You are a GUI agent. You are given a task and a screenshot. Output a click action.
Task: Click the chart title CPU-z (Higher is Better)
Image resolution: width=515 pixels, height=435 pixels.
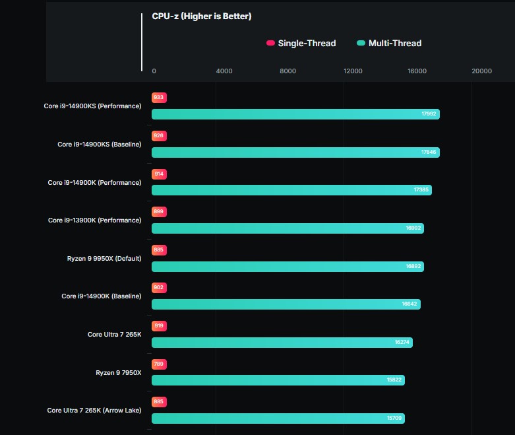coord(202,16)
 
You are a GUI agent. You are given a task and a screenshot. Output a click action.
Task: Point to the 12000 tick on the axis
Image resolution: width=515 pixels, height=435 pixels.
coord(353,71)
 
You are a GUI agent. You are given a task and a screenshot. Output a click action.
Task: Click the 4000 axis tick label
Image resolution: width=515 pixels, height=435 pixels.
coord(224,71)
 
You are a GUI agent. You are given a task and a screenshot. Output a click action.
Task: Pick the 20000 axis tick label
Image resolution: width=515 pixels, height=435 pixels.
coord(481,71)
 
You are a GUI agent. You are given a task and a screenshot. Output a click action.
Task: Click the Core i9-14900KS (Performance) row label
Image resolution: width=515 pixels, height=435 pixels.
coord(92,106)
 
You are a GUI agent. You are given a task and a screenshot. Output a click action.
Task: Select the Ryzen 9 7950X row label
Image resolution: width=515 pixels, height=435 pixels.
coord(118,373)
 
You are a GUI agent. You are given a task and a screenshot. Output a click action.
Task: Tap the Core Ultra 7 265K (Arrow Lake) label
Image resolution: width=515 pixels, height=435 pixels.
coord(94,411)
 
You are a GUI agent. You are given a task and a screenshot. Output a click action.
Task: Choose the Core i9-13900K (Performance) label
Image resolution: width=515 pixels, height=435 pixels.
coord(94,220)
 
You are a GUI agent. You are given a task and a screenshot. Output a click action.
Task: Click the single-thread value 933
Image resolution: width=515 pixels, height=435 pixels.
coord(158,98)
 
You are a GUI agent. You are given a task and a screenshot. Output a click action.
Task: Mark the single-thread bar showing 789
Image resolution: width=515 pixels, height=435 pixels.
coord(158,364)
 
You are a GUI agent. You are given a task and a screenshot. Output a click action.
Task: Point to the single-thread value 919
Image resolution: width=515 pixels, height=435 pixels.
coord(158,326)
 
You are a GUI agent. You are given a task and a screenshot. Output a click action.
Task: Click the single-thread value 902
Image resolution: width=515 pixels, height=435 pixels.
coord(158,288)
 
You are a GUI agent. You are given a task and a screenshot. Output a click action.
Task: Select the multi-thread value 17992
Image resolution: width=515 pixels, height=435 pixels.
coord(429,114)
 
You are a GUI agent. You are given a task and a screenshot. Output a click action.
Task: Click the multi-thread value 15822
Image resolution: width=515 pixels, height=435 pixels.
coord(394,380)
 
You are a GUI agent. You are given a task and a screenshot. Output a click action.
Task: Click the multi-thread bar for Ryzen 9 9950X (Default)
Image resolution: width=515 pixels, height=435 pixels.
coord(287,267)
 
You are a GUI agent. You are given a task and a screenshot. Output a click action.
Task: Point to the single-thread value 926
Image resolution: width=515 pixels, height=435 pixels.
coord(158,136)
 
